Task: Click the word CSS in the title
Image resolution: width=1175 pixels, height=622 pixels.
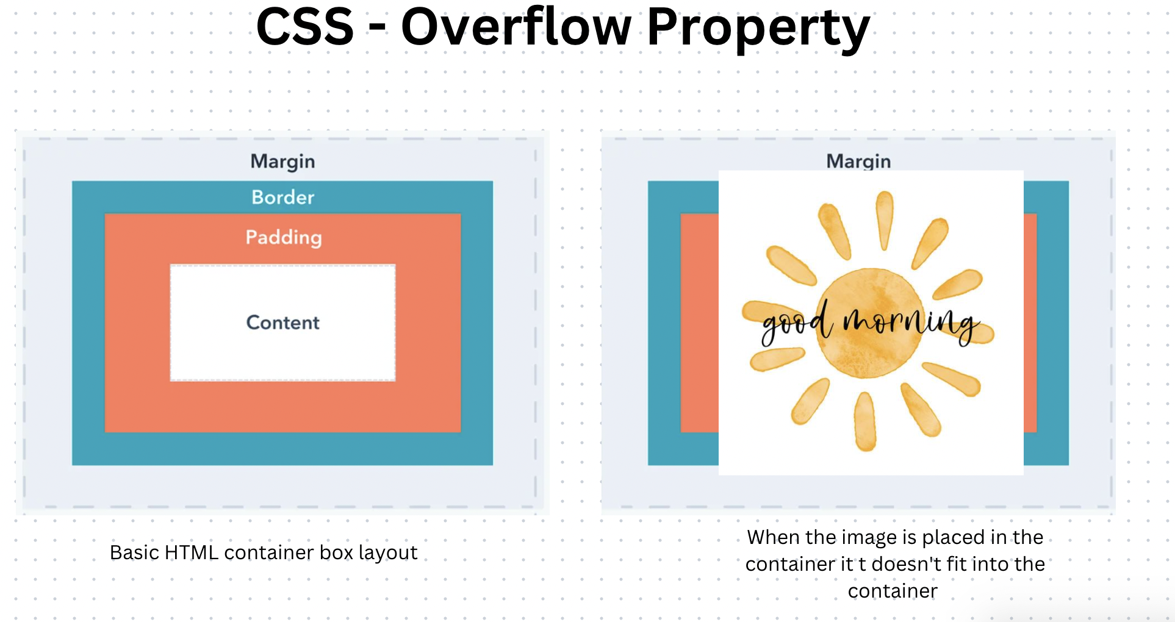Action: pyautogui.click(x=304, y=27)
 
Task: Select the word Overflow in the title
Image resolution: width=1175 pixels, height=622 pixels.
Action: pyautogui.click(x=516, y=27)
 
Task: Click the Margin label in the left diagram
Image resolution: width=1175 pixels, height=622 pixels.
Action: pyautogui.click(x=282, y=162)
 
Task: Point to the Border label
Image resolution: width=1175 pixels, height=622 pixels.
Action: pyautogui.click(x=282, y=197)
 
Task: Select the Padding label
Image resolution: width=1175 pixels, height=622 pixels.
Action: pyautogui.click(x=283, y=237)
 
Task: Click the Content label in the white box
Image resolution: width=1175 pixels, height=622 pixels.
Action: pyautogui.click(x=282, y=323)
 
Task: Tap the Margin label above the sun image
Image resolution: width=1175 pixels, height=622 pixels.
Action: pyautogui.click(x=858, y=161)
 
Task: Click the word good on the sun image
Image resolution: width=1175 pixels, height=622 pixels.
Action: pyautogui.click(x=796, y=323)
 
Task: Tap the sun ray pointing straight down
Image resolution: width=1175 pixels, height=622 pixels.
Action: pyautogui.click(x=865, y=421)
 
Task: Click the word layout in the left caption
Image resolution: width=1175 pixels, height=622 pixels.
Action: pyautogui.click(x=388, y=552)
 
